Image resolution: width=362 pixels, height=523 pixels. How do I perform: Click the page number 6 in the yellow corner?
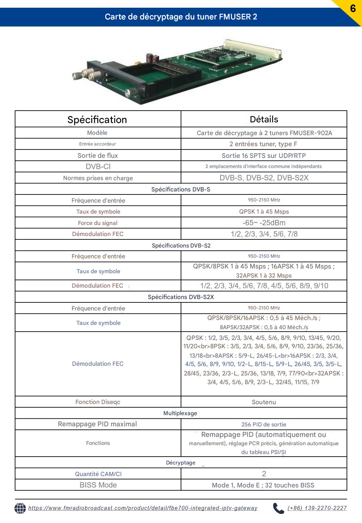coord(353,8)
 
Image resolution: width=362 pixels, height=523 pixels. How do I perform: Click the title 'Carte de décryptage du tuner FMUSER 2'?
coord(181,17)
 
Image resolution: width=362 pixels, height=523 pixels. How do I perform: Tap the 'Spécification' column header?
coord(97,120)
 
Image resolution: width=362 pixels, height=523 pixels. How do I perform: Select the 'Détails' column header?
coord(264,119)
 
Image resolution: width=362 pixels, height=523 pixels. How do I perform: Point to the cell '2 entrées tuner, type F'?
coord(263,144)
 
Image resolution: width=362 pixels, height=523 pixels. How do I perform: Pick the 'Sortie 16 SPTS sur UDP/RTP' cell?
coord(264,156)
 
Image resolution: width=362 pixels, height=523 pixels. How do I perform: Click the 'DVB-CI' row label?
coord(98,167)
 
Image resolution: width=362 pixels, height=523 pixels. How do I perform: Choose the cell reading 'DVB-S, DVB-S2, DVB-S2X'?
coord(264,178)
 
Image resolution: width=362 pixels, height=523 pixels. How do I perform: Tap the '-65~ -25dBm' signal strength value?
coord(264,223)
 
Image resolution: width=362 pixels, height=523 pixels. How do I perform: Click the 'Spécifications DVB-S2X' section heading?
coord(181,297)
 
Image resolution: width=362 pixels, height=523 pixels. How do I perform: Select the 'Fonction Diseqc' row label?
coord(98,402)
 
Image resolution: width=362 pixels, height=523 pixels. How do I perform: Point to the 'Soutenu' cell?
coord(264,402)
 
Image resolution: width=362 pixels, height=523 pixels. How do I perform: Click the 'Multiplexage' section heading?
coord(180,413)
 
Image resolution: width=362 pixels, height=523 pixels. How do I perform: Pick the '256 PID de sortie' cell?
coord(264,424)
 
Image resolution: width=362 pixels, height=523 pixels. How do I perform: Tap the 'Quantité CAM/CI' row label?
coord(98,474)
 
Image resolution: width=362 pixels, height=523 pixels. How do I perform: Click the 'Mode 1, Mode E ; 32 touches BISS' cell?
coord(263,485)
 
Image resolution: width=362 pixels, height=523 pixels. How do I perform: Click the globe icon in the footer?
coord(20,508)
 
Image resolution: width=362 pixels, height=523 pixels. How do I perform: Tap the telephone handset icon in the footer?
coord(278,508)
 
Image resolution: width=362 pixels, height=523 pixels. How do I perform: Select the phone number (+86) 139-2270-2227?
coord(317,508)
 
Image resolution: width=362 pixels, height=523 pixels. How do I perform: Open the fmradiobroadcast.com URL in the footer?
coord(143,508)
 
